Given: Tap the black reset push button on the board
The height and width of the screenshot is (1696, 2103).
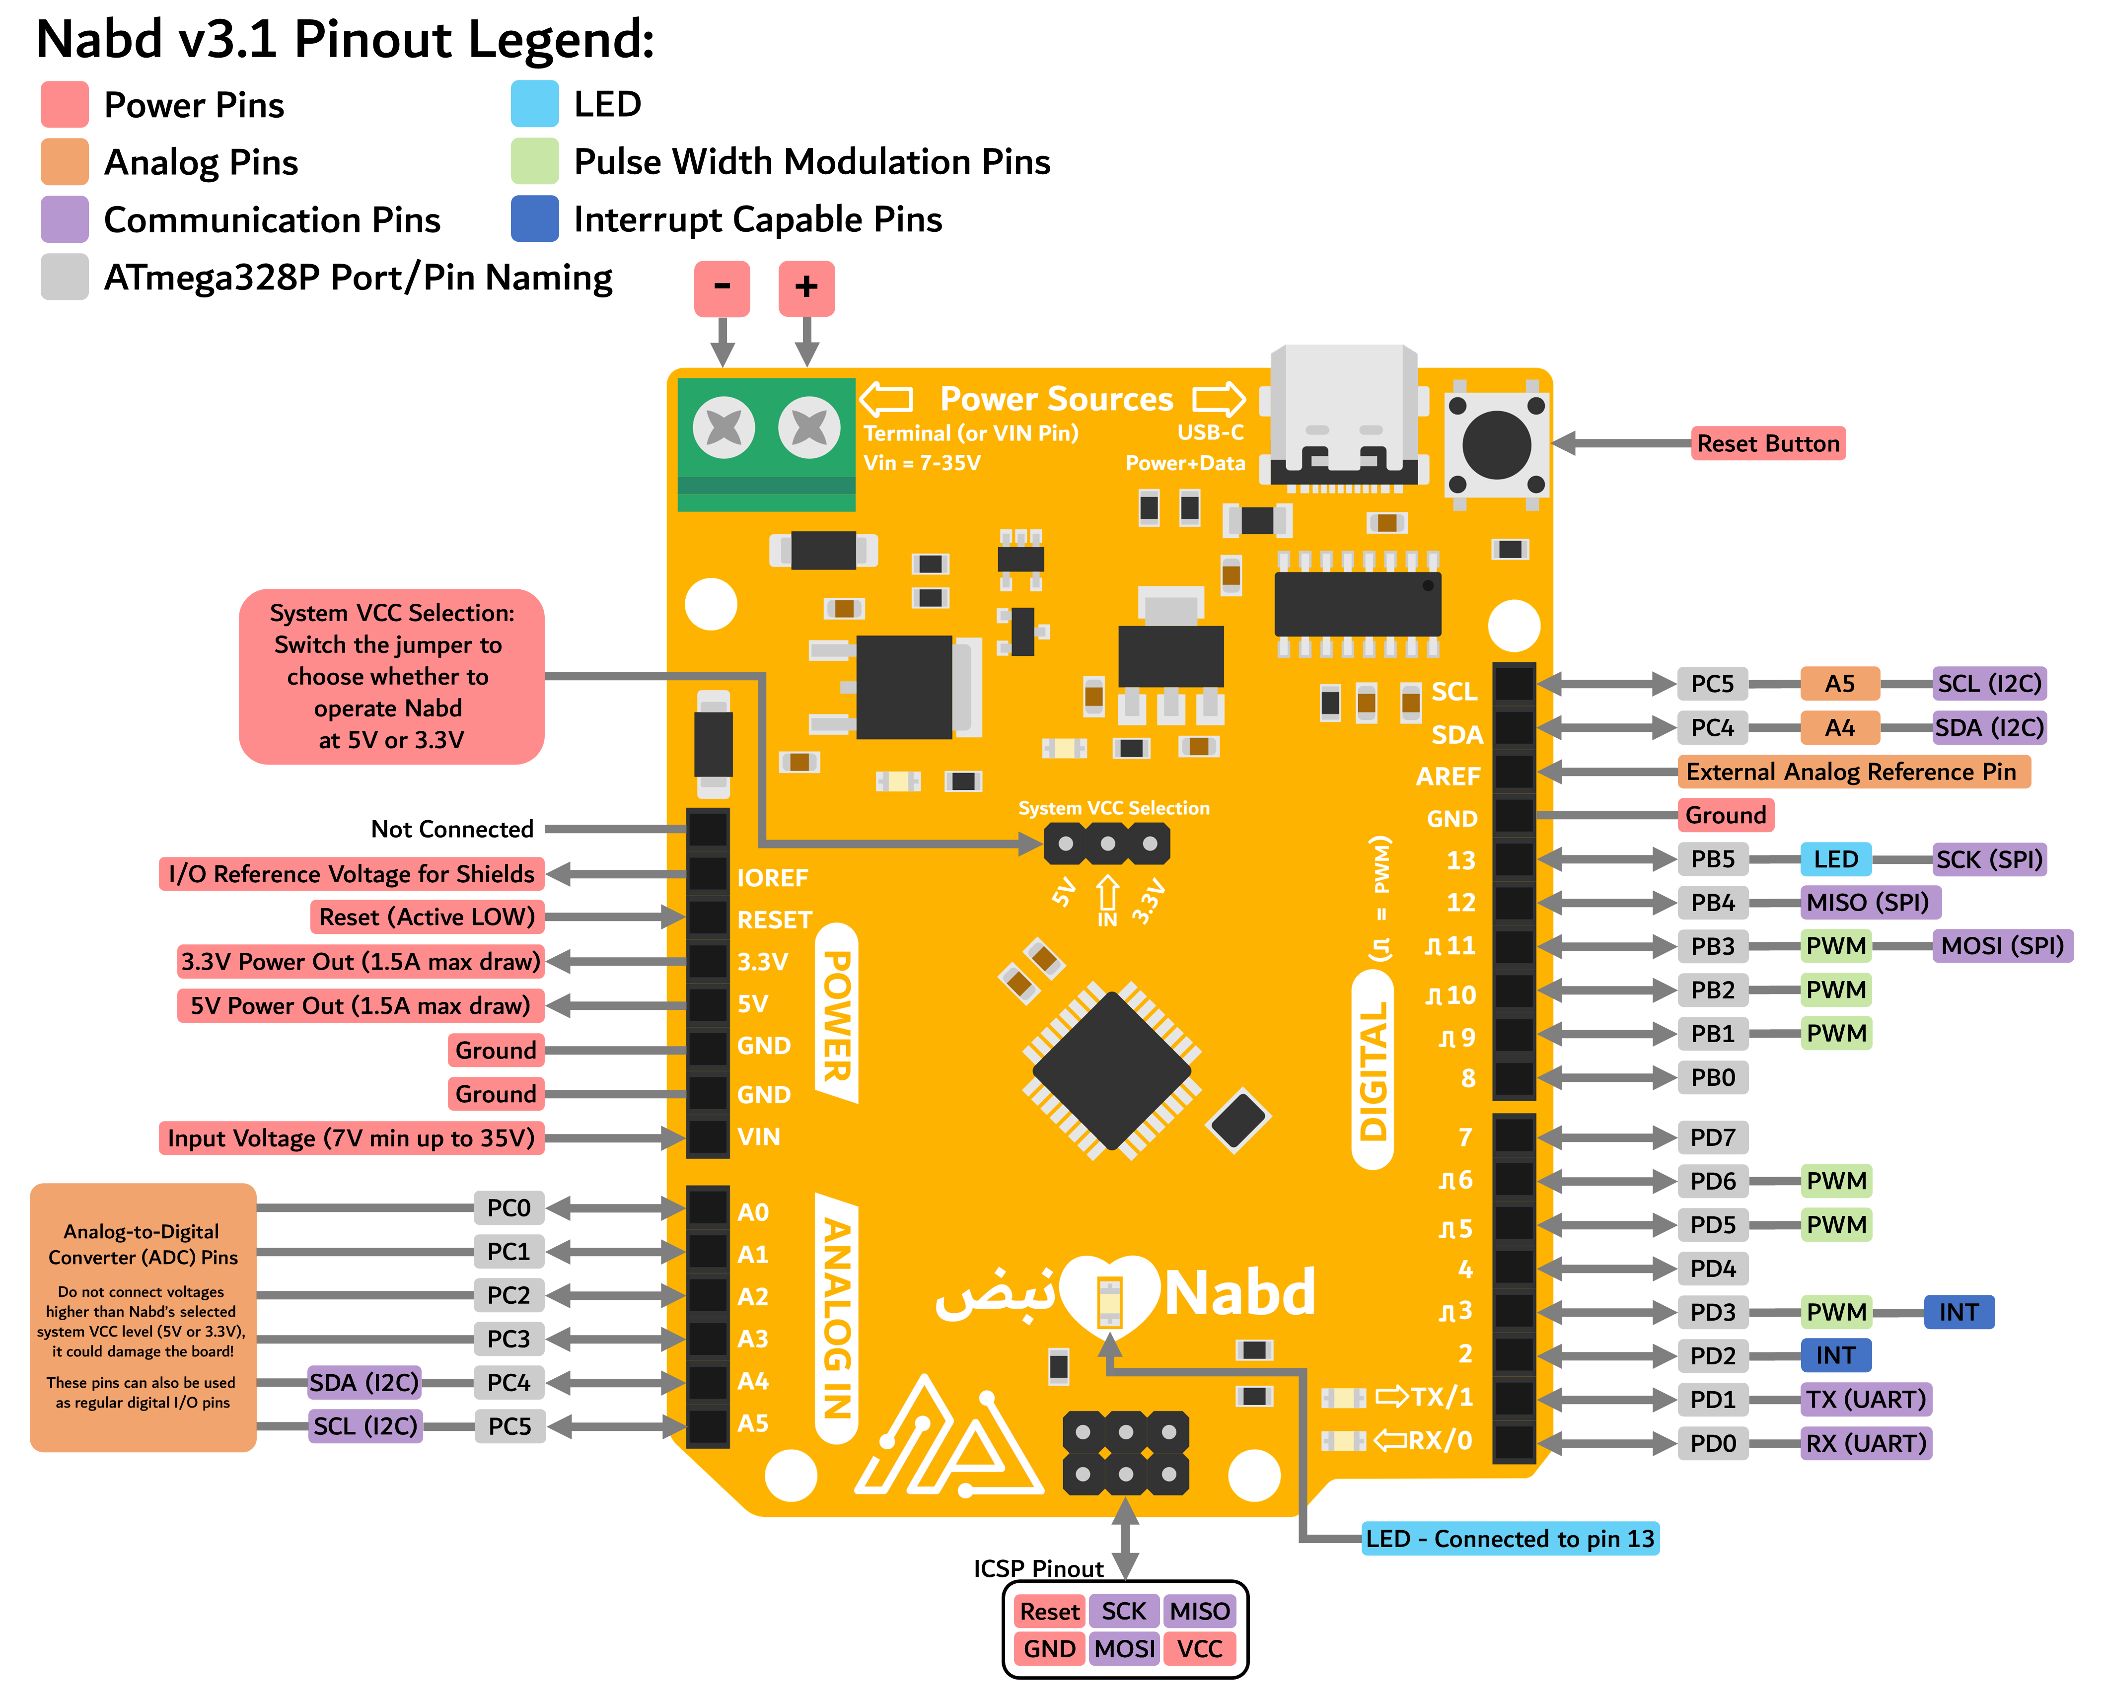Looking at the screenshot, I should coord(1496,444).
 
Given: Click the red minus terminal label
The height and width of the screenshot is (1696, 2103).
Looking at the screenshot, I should coord(722,288).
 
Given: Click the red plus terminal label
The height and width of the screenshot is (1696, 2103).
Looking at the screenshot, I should coord(806,288).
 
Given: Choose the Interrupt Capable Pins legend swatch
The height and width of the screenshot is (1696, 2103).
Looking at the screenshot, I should coord(534,219).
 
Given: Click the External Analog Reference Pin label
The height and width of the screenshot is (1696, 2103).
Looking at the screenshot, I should coord(1852,772).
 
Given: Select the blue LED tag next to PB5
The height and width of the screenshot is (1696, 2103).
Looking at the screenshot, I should coord(1835,860).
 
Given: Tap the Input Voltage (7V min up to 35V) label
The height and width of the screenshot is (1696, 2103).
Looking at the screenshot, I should coord(351,1138).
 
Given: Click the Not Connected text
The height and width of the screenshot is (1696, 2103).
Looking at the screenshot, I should coord(451,830).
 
